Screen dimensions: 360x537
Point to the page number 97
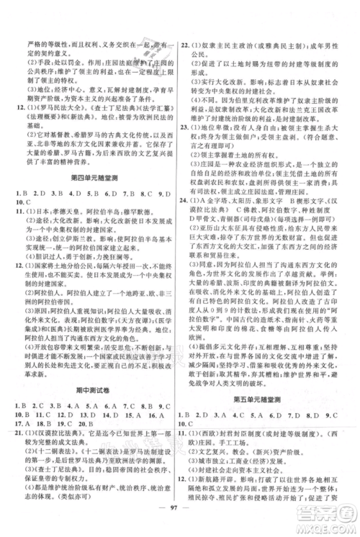click(x=179, y=519)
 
